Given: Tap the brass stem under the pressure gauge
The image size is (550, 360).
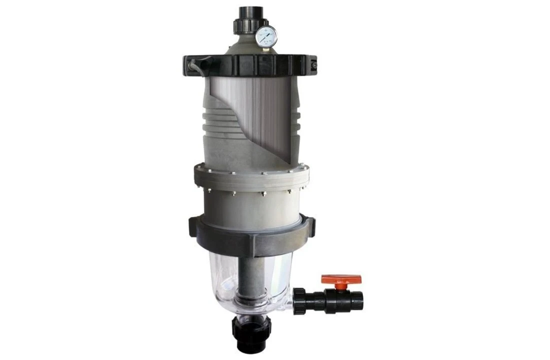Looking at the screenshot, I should (x=264, y=49).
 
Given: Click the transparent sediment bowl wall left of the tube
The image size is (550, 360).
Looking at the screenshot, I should (x=223, y=280).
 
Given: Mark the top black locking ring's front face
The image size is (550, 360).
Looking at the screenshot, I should (x=250, y=65).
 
